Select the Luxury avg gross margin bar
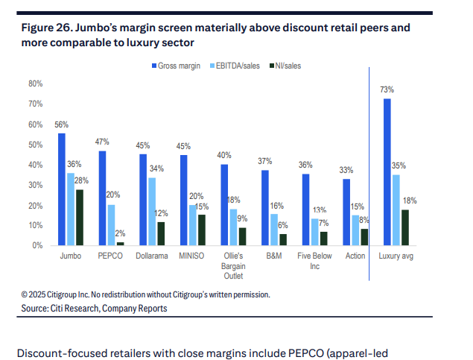[387, 171]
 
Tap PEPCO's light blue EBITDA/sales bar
[111, 224]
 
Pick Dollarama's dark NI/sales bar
[161, 233]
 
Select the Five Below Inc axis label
[314, 260]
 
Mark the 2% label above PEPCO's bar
[121, 233]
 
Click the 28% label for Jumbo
[80, 180]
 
